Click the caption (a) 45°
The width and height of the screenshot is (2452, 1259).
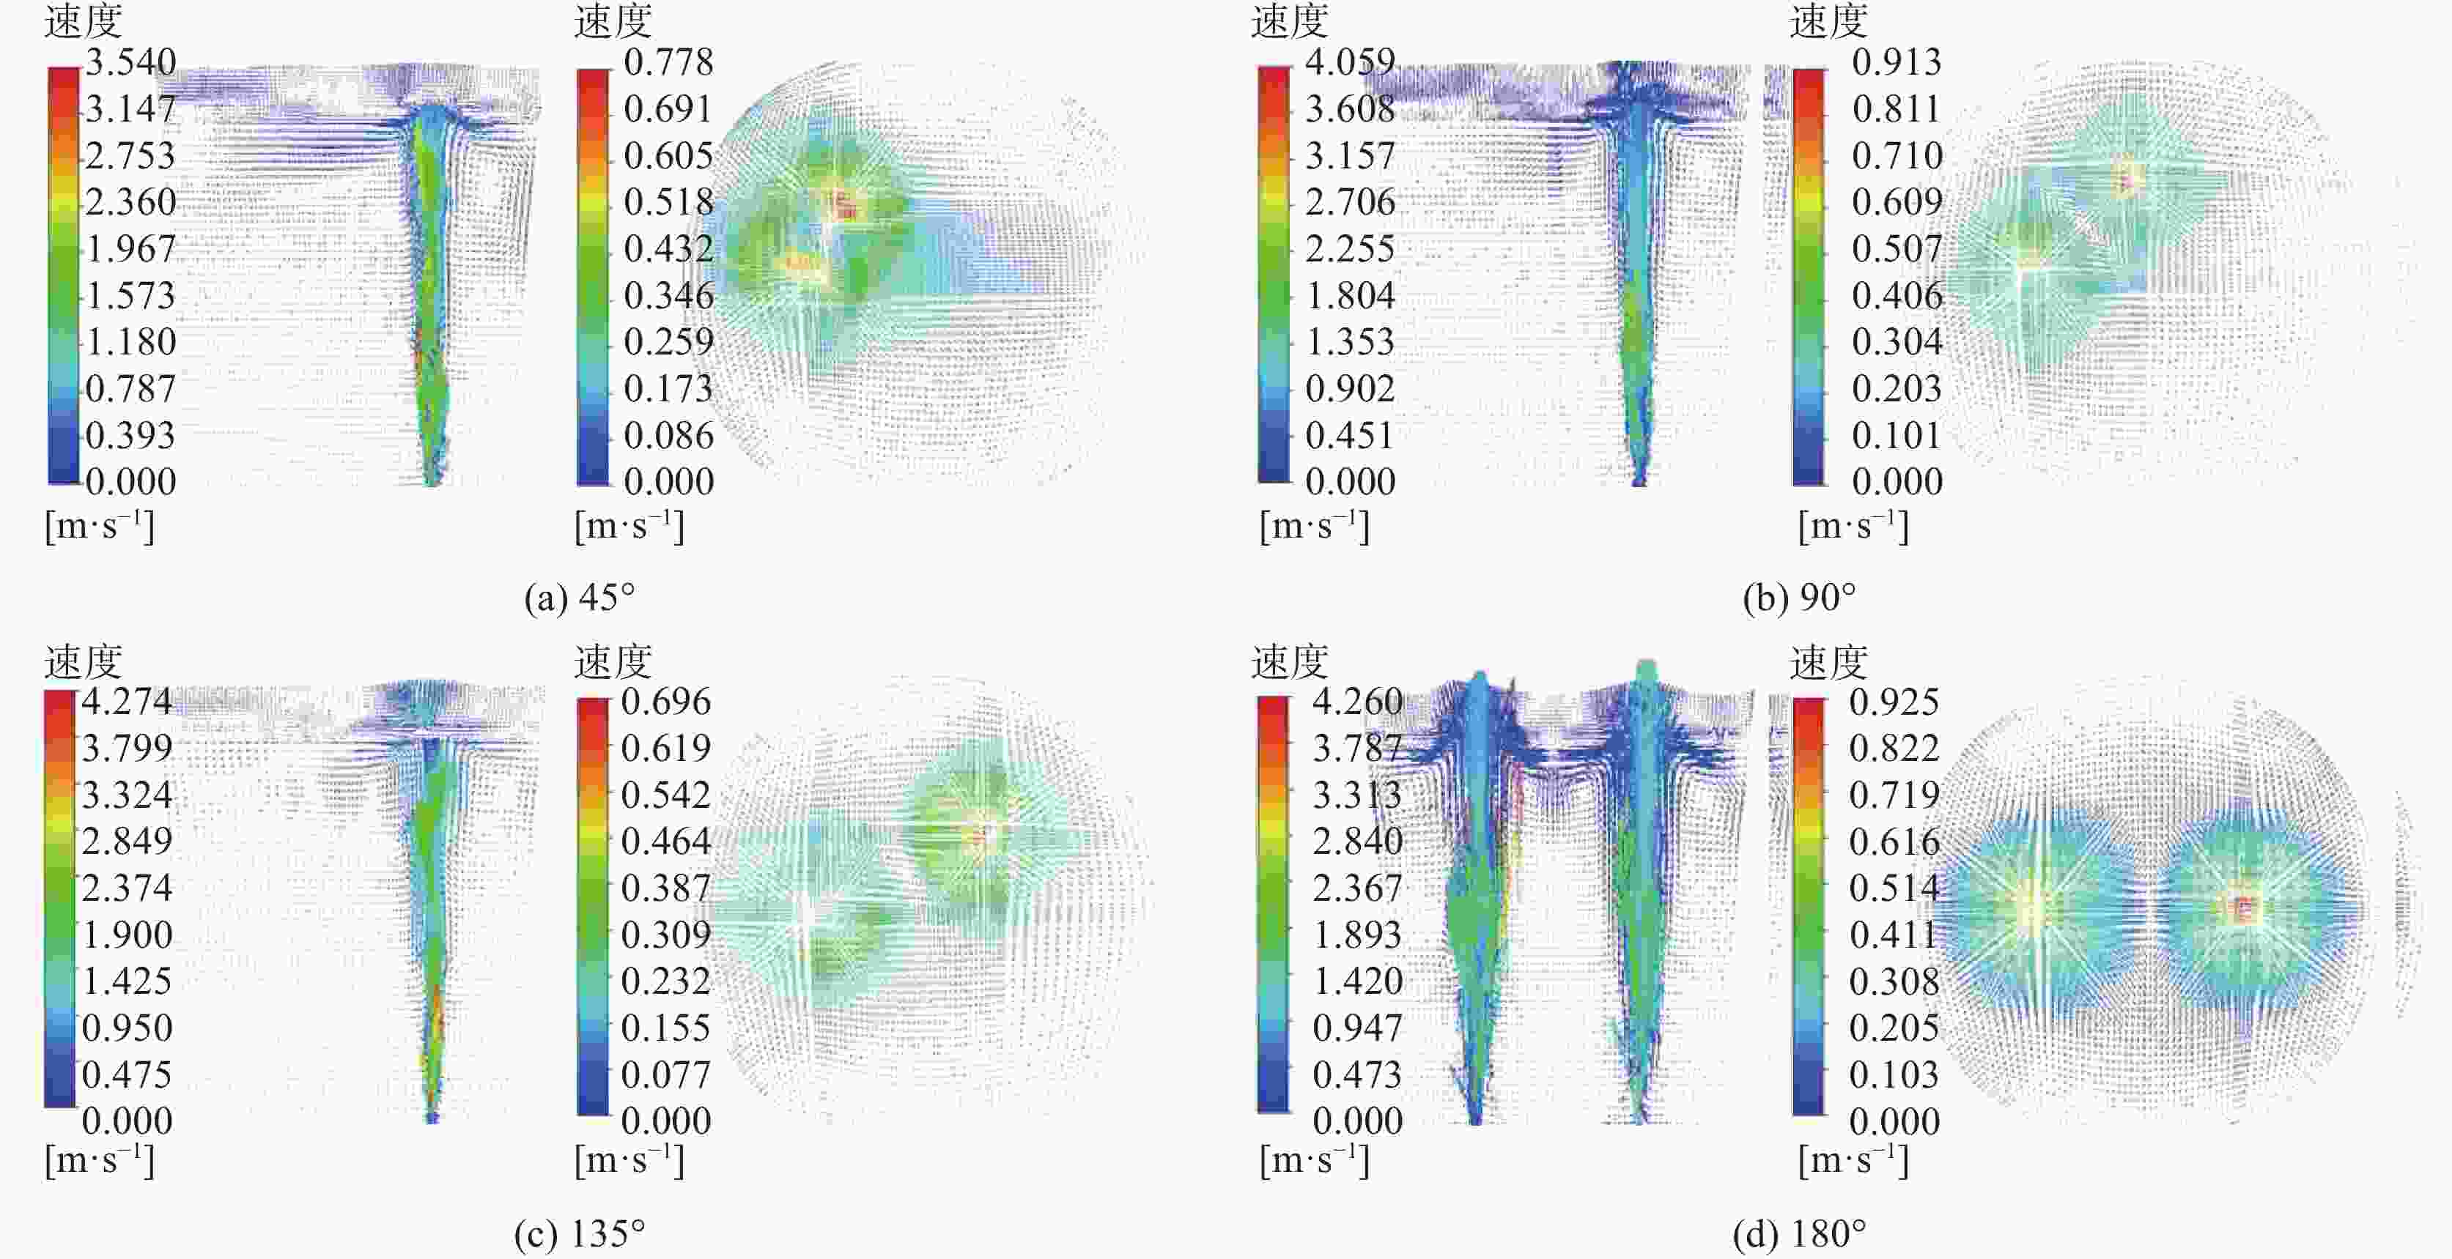click(580, 598)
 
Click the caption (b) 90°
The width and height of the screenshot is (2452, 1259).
click(1799, 598)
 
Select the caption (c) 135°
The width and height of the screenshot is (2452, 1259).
click(580, 1233)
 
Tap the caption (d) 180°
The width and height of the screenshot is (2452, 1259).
click(1799, 1233)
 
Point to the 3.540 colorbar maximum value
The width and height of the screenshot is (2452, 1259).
click(131, 63)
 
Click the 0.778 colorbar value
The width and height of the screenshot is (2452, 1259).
click(668, 63)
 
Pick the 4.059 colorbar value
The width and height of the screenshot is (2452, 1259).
click(1350, 63)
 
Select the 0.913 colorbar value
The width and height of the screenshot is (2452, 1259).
click(1896, 63)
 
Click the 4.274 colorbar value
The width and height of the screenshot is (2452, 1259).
click(127, 702)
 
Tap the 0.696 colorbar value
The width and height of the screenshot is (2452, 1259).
click(665, 702)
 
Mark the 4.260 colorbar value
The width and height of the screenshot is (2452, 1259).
click(1357, 702)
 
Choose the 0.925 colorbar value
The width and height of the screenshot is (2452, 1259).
click(1894, 702)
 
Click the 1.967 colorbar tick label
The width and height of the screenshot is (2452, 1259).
click(131, 249)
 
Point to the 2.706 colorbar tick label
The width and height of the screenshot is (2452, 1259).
click(1350, 201)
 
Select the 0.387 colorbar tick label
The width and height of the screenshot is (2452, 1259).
click(665, 888)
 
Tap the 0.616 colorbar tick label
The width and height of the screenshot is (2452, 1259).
click(1894, 842)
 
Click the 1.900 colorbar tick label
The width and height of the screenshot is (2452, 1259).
click(127, 935)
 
